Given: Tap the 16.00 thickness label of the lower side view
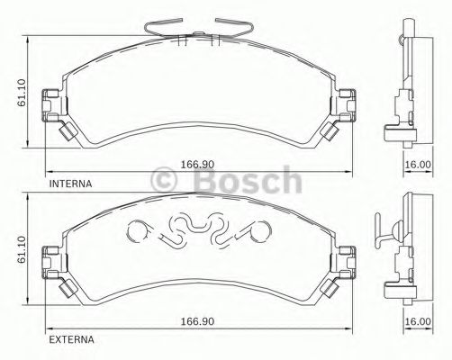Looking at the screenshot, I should click(417, 320).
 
